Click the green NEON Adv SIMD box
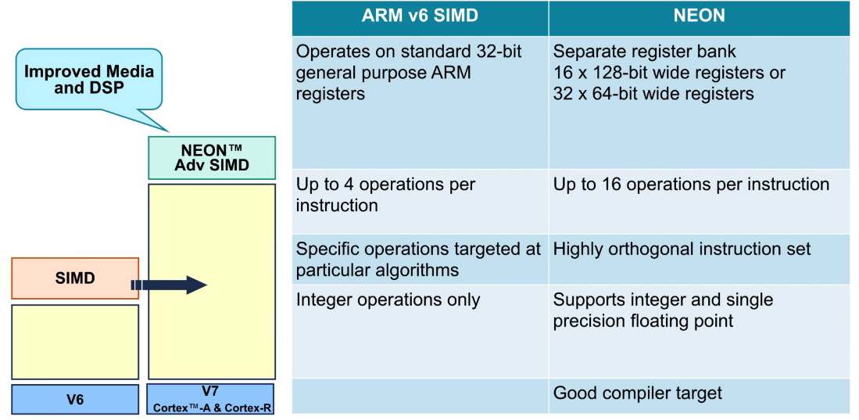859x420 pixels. pyautogui.click(x=212, y=158)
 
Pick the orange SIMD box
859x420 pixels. pyautogui.click(x=75, y=278)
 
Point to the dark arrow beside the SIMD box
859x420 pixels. pyautogui.click(x=169, y=285)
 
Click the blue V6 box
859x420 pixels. pyautogui.click(x=75, y=399)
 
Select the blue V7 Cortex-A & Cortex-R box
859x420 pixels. pyautogui.click(x=210, y=399)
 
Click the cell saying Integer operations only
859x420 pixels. pyautogui.click(x=421, y=331)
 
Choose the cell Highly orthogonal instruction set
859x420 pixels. pyautogui.click(x=700, y=260)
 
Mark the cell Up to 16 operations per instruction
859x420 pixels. pyautogui.click(x=700, y=202)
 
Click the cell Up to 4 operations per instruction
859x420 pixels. pyautogui.click(x=421, y=202)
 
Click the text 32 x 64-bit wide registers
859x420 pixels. pyautogui.click(x=653, y=94)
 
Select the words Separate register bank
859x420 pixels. pyautogui.click(x=645, y=52)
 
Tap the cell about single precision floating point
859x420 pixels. pyautogui.click(x=700, y=331)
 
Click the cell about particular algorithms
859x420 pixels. pyautogui.click(x=421, y=260)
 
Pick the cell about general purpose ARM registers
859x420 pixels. pyautogui.click(x=421, y=102)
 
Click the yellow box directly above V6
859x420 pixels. pyautogui.click(x=75, y=342)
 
